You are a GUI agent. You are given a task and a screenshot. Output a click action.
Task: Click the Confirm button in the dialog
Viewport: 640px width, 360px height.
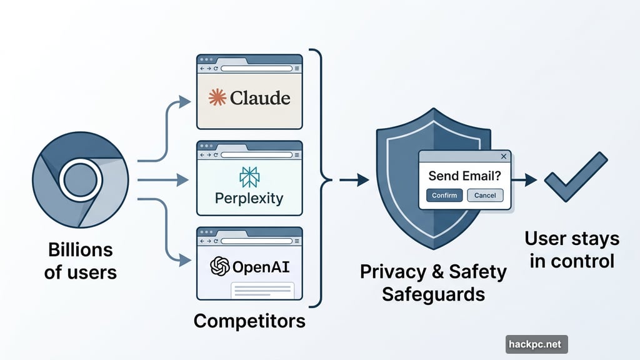[x=445, y=195]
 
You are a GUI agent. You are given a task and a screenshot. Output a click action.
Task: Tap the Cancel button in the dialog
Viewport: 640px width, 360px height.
[x=485, y=195]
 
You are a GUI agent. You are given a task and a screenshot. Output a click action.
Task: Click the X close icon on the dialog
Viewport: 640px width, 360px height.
[x=504, y=156]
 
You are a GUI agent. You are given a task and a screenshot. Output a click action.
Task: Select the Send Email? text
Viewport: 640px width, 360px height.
[x=465, y=176]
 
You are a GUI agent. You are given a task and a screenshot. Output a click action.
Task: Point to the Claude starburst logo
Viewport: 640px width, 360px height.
[x=216, y=97]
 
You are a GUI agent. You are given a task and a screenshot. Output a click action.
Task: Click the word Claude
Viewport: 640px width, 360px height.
[x=260, y=98]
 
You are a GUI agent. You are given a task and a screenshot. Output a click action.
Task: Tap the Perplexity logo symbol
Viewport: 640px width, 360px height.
[x=249, y=177]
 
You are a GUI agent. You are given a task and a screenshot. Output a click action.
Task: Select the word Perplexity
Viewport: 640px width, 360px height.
[x=249, y=199]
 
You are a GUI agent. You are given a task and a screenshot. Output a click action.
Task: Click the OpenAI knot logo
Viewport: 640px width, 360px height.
[x=220, y=267]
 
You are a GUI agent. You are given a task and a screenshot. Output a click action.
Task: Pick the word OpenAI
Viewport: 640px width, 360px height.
[x=261, y=267]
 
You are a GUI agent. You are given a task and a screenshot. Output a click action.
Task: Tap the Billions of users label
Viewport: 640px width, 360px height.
[x=81, y=261]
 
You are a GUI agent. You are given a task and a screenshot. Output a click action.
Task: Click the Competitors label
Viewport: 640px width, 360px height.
[x=249, y=321]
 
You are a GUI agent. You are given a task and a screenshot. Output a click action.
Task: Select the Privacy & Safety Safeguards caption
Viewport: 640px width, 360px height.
[x=434, y=282]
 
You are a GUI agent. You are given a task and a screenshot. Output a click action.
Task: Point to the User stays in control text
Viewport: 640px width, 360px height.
[x=572, y=249]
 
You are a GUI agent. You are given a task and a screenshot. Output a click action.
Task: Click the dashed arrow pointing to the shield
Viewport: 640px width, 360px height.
[x=354, y=181]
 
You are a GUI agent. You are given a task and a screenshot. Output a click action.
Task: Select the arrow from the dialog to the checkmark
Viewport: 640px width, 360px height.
[x=525, y=181]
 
